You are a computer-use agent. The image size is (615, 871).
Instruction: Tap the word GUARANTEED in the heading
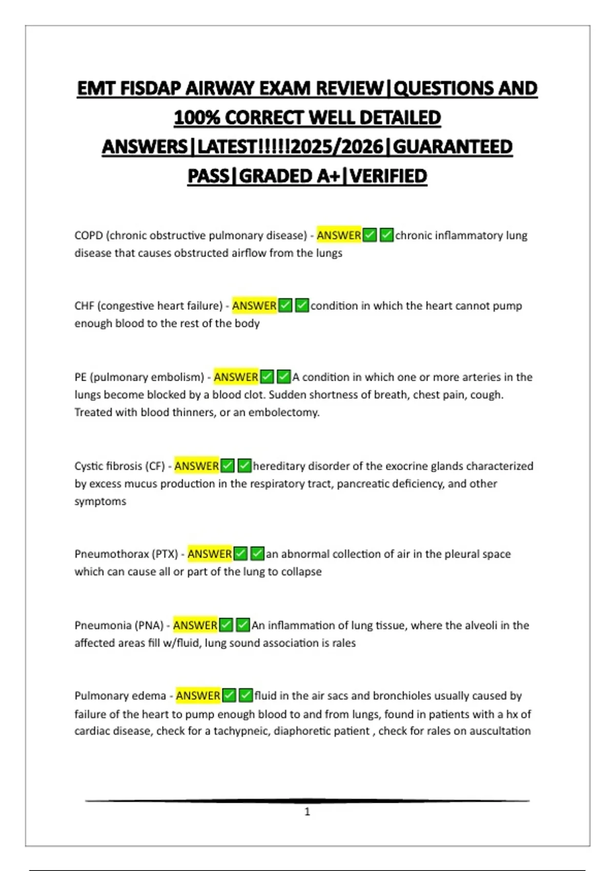coord(453,147)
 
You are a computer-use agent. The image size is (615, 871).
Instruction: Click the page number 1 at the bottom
coord(307,812)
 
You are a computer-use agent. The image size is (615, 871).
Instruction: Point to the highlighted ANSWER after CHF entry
coord(254,306)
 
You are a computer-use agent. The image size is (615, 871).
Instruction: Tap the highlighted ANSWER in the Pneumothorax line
coord(210,554)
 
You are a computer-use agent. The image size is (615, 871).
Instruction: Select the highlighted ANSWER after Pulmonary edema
coord(198,696)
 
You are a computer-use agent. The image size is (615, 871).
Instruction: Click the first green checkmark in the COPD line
coord(370,236)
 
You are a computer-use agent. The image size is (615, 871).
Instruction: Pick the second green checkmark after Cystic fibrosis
coord(244,466)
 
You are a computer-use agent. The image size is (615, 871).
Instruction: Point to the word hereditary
coord(277,466)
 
